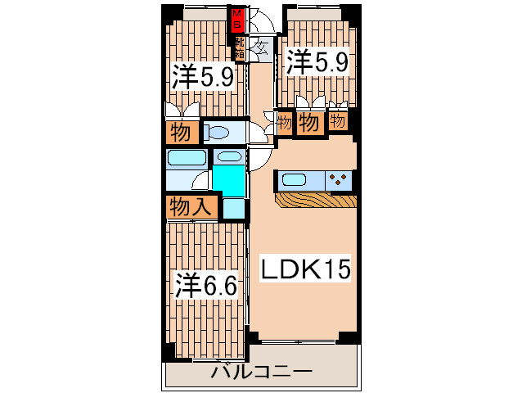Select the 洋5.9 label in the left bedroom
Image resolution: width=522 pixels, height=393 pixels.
(203, 77)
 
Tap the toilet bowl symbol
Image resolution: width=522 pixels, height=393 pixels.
(218, 132)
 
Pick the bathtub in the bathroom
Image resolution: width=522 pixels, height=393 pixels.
(187, 158)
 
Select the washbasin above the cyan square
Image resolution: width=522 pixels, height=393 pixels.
(230, 156)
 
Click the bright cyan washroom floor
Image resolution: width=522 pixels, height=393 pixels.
(229, 180)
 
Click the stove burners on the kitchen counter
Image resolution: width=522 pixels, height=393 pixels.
(340, 178)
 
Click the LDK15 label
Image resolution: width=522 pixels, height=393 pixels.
(304, 268)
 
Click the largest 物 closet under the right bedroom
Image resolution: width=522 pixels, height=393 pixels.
(308, 124)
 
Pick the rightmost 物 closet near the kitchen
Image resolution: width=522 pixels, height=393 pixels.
(338, 121)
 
